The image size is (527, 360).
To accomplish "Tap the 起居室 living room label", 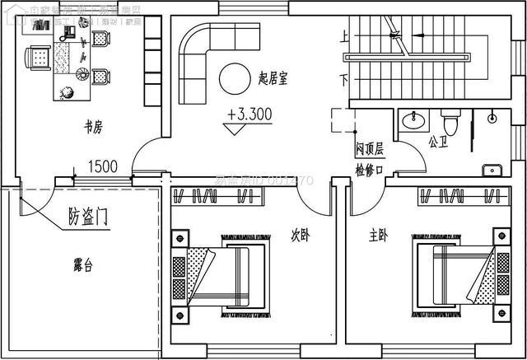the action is [x=273, y=78].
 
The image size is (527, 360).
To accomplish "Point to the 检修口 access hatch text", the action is [x=369, y=170].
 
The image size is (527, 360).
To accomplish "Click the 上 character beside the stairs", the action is [x=343, y=37].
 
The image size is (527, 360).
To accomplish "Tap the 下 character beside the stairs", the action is [x=343, y=80].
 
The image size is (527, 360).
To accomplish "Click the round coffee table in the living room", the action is [x=234, y=78].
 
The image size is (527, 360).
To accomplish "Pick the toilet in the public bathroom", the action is [x=449, y=122].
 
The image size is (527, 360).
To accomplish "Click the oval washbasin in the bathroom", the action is [x=413, y=123].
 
